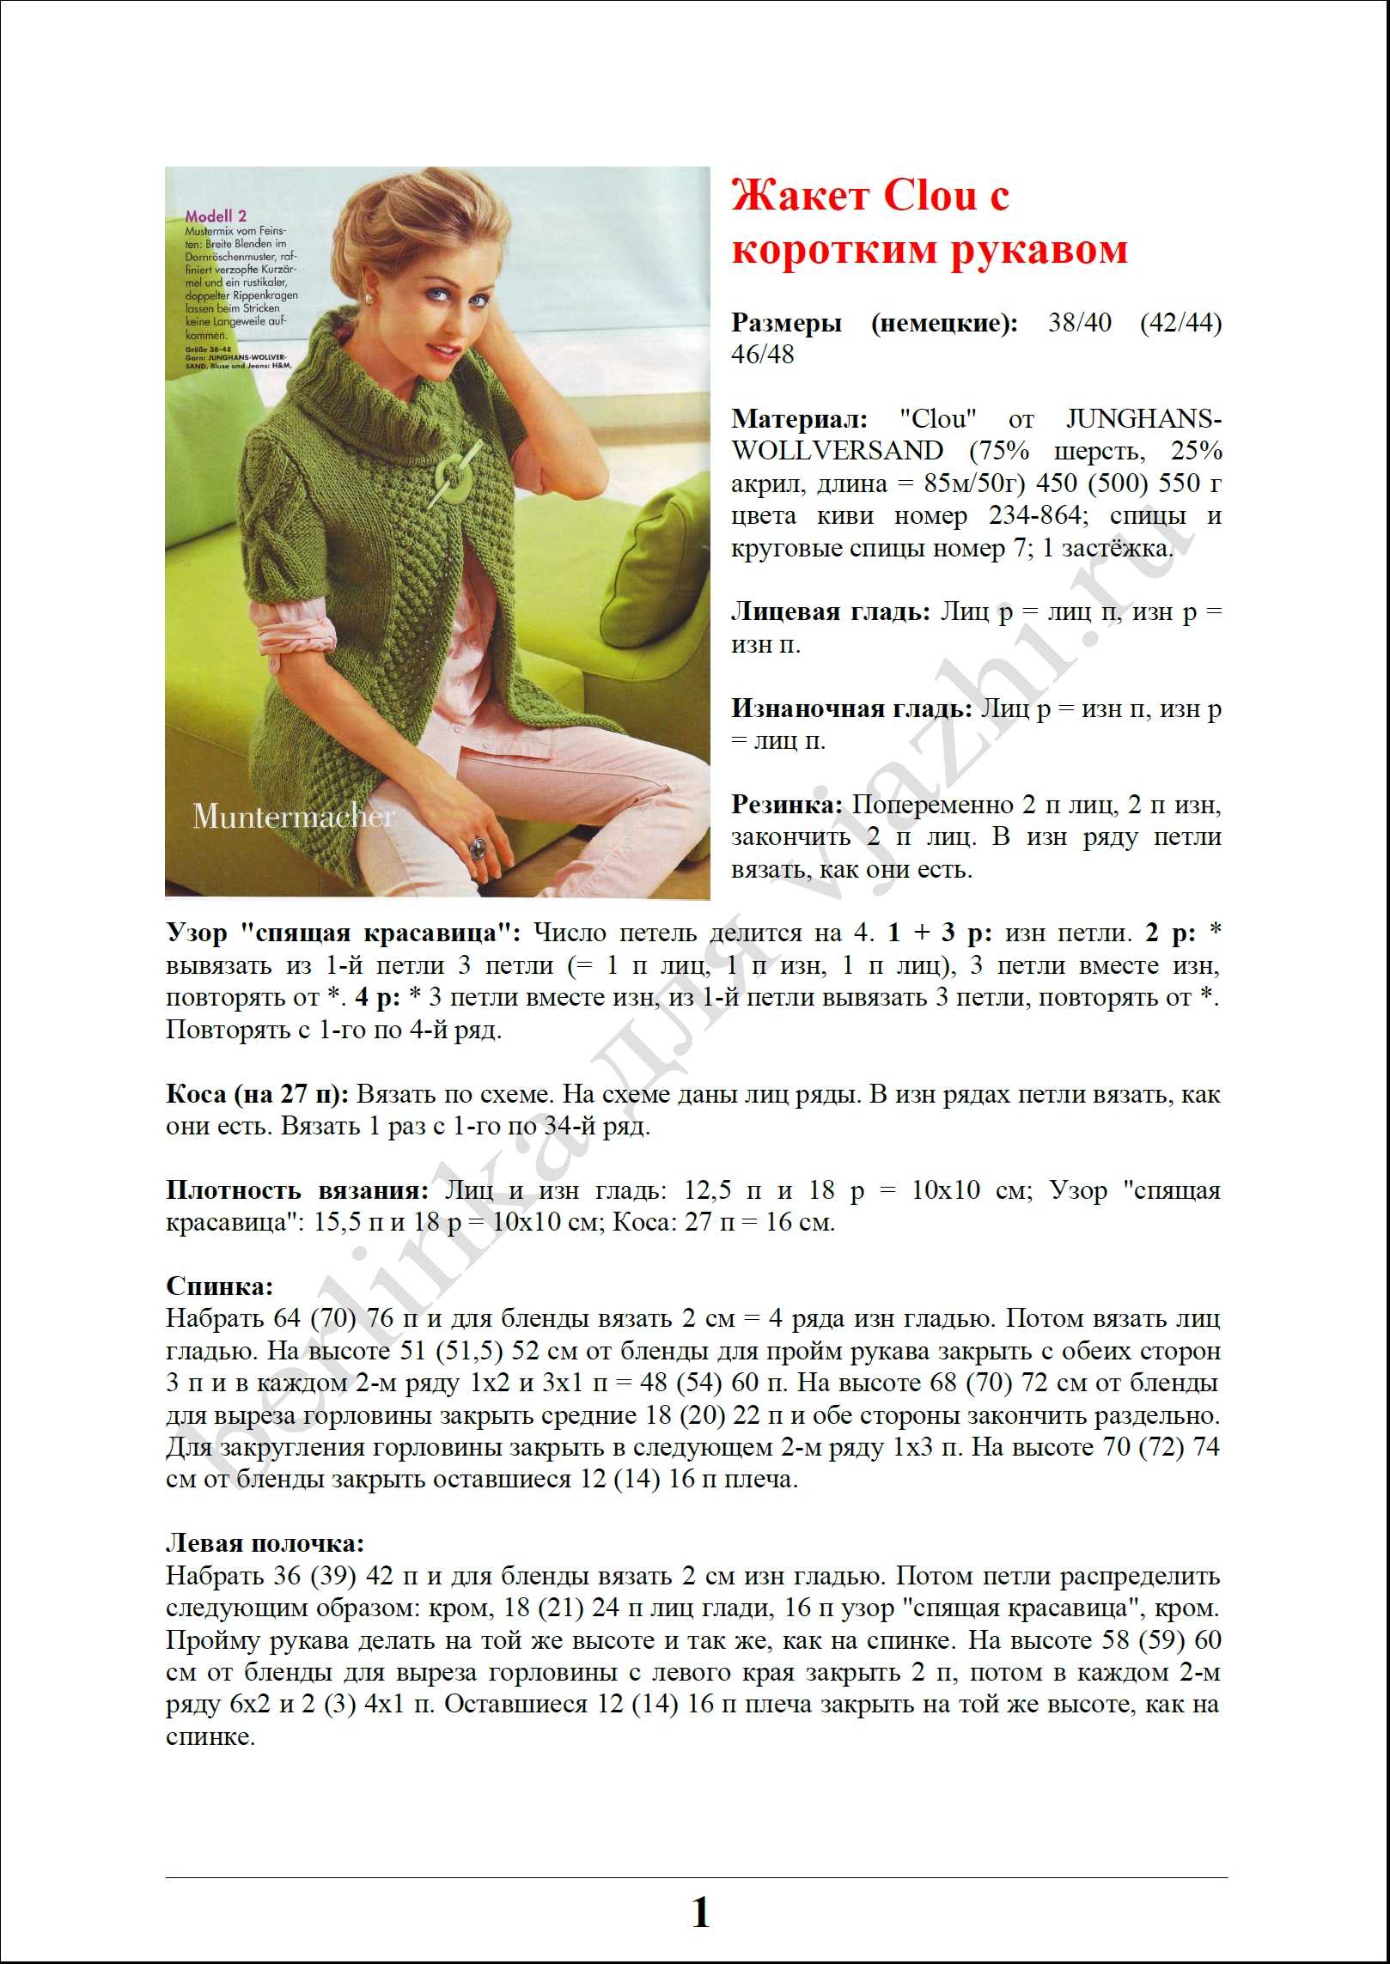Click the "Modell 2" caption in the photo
point(216,216)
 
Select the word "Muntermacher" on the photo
point(294,816)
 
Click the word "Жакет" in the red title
point(801,197)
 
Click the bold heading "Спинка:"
point(219,1286)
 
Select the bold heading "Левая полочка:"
point(265,1543)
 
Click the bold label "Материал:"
point(799,419)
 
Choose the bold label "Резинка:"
point(788,805)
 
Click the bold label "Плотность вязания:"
point(296,1190)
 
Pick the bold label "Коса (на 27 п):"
point(257,1094)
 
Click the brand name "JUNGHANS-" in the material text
point(1143,419)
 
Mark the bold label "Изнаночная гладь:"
point(851,708)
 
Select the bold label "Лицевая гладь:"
point(831,611)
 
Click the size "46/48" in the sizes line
point(762,355)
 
